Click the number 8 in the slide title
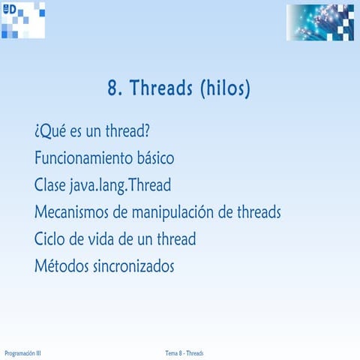coord(114,90)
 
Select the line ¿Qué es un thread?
coord(92,132)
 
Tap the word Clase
coord(51,186)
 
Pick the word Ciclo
coord(50,239)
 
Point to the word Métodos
coord(60,265)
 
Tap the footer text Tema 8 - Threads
coord(184,352)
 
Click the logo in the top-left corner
coord(22,19)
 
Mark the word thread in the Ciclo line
coord(175,239)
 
